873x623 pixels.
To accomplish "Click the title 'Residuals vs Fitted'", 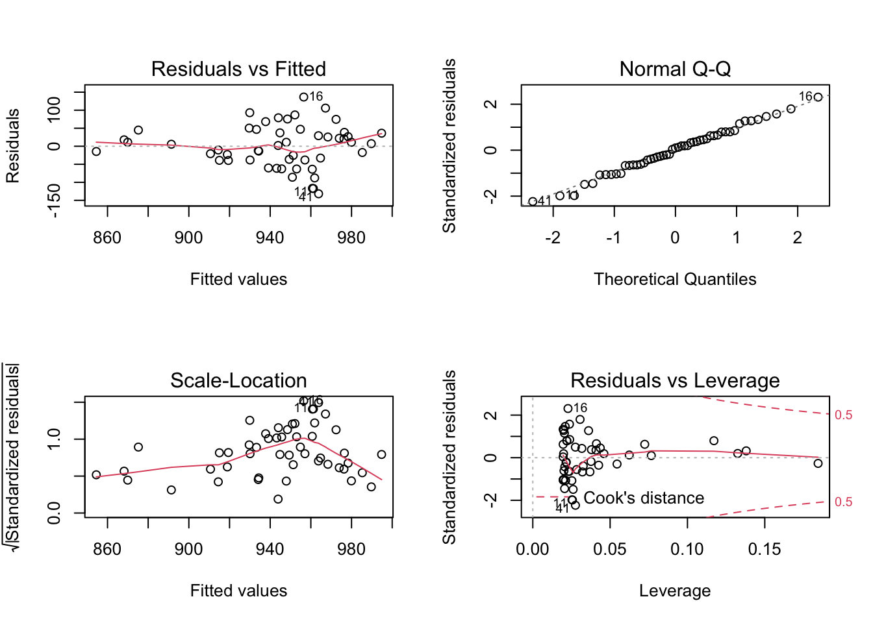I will click(x=238, y=69).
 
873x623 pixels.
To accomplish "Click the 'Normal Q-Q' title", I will click(x=675, y=69).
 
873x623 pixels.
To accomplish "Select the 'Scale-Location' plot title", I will click(x=238, y=380).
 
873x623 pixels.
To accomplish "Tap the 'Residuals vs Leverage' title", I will click(x=675, y=380).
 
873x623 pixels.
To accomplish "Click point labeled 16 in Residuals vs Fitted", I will click(x=303, y=97).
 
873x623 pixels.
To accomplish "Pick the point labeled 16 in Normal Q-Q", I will click(x=818, y=97).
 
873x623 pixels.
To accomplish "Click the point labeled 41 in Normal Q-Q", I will click(x=533, y=202).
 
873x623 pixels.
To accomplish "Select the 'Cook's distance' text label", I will click(x=644, y=498).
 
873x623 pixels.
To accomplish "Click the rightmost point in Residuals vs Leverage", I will click(x=818, y=463).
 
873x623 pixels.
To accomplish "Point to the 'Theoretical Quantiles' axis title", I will click(x=675, y=279).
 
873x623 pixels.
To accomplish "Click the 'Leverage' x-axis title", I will click(x=675, y=591).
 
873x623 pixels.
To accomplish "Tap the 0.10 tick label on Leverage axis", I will click(x=687, y=550).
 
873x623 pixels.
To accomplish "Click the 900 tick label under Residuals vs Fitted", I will click(x=188, y=238).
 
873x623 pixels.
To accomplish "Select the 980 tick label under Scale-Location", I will click(x=351, y=550).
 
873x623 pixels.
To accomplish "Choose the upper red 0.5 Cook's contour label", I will click(x=843, y=415).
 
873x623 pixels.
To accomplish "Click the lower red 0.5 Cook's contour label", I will click(x=843, y=502).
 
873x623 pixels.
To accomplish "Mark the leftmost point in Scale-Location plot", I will click(x=96, y=475).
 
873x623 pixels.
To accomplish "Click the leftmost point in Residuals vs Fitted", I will click(x=96, y=151).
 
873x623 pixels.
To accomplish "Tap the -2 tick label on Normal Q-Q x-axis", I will click(x=552, y=238).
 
